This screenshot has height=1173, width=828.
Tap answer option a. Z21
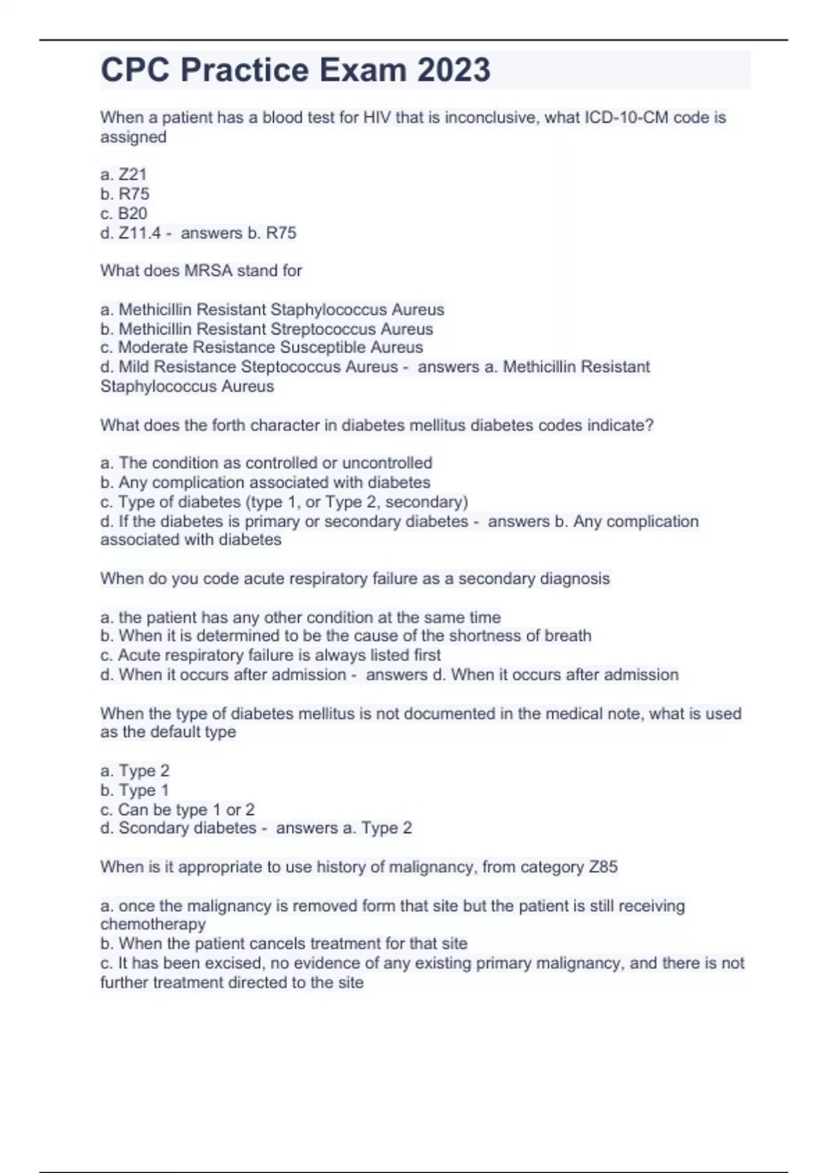(x=124, y=175)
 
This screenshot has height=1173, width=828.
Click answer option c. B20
(x=124, y=213)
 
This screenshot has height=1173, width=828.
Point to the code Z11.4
(x=139, y=233)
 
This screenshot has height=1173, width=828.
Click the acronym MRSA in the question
(x=208, y=270)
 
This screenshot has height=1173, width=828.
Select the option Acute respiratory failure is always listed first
(x=270, y=655)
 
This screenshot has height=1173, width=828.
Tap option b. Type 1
(x=135, y=790)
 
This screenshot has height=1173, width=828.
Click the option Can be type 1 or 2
(x=177, y=809)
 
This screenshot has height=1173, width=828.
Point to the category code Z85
(x=603, y=867)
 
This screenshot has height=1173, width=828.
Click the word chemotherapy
(x=153, y=924)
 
